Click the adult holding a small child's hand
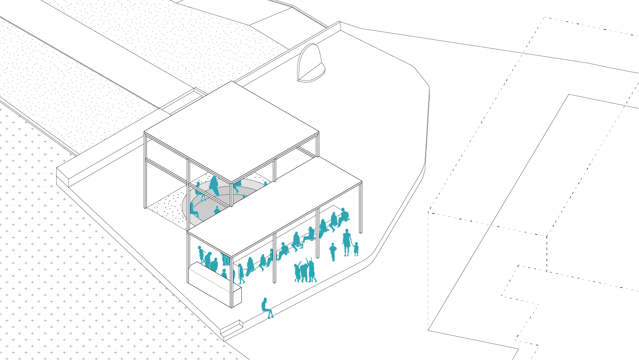[x=347, y=242]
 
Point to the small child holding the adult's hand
[x=356, y=249]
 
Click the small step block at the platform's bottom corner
[x=232, y=328]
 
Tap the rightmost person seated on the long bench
[x=343, y=217]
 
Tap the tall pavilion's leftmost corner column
[x=146, y=170]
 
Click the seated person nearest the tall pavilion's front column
[x=217, y=210]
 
